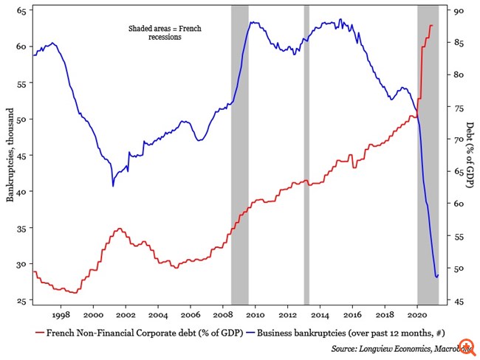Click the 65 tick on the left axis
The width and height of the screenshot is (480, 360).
(x=21, y=11)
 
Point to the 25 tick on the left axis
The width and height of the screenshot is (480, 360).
(x=21, y=300)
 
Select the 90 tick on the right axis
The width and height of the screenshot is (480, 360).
(x=458, y=11)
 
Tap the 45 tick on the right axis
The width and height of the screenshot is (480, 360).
(x=458, y=301)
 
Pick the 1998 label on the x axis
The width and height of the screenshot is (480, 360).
(x=61, y=314)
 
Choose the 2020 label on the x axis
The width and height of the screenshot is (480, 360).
(x=417, y=314)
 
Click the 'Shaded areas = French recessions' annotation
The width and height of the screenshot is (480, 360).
(x=165, y=33)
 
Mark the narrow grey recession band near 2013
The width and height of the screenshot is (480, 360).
(x=306, y=155)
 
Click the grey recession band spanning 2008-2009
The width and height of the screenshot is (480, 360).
(x=239, y=155)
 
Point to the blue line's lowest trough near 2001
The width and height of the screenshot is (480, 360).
(x=113, y=185)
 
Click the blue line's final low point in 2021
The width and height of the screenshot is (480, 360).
(x=436, y=277)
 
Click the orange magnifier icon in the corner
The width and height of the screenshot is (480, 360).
(x=467, y=347)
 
